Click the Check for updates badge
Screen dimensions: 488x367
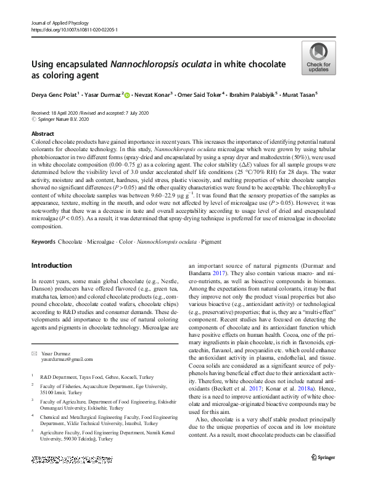click(318, 59)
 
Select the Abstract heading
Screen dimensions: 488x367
click(43, 133)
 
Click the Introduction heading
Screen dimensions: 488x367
click(52, 265)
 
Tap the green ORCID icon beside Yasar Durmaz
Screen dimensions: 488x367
click(127, 96)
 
